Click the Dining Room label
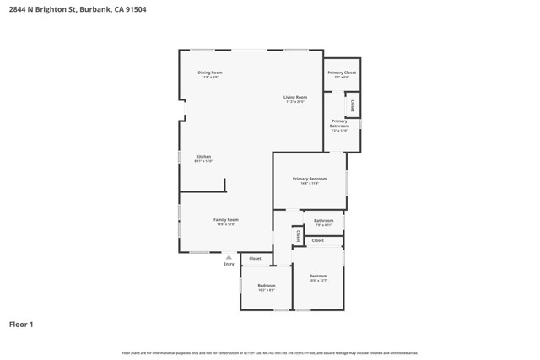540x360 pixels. point(210,73)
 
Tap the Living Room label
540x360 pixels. point(294,98)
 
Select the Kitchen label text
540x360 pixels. point(203,157)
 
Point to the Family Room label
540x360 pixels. point(226,220)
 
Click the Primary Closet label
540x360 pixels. point(342,73)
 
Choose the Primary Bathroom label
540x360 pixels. point(339,124)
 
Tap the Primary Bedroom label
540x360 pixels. point(310,179)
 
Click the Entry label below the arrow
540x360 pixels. point(229,264)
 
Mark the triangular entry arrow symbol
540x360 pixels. point(229,256)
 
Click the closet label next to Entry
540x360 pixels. point(255,259)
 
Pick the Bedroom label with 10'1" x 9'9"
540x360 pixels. point(267,286)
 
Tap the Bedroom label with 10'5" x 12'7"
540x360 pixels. point(318,277)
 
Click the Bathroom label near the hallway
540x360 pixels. point(324,221)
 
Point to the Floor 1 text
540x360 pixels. point(21,324)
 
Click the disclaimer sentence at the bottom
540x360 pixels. point(269,353)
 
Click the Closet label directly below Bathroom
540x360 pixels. point(317,241)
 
